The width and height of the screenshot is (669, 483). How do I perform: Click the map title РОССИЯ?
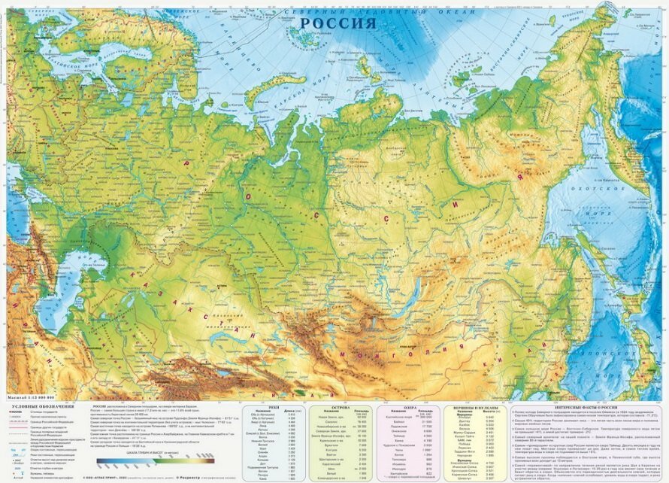click(338, 23)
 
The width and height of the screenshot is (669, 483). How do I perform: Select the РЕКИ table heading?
click(273, 407)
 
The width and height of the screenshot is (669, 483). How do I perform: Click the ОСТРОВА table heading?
click(341, 407)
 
